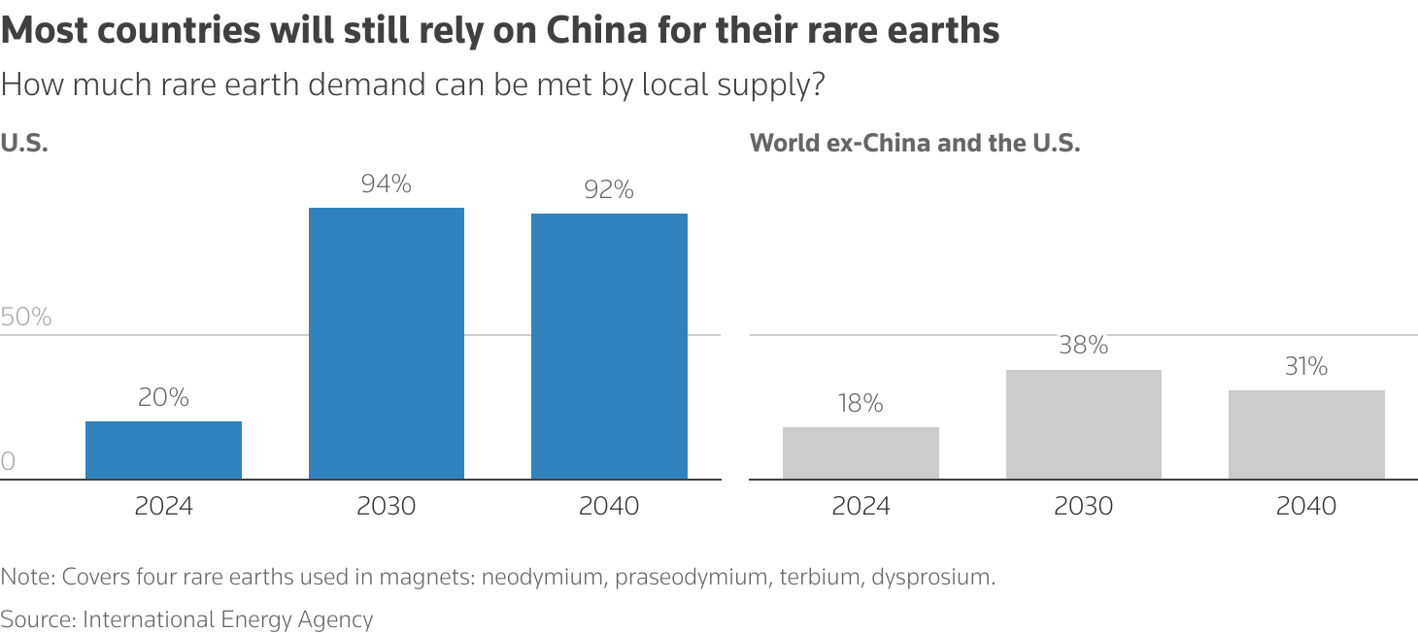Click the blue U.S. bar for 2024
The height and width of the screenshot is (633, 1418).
click(x=163, y=450)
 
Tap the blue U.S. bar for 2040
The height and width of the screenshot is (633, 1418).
click(x=609, y=346)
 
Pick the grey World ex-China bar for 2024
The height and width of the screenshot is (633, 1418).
click(x=861, y=452)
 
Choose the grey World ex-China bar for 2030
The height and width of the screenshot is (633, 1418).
click(x=1083, y=424)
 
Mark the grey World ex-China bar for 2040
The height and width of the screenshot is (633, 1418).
click(x=1306, y=434)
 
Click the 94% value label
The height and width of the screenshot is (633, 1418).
click(x=387, y=183)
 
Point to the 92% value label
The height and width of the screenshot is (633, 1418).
click(x=609, y=190)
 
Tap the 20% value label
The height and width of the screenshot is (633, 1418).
click(x=163, y=397)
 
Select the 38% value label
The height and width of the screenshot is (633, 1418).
click(x=1083, y=346)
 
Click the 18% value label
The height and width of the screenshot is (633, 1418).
click(x=861, y=404)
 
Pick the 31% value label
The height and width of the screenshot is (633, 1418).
click(x=1306, y=366)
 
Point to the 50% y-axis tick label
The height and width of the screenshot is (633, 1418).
click(x=26, y=317)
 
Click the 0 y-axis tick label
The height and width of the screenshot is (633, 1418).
click(x=9, y=462)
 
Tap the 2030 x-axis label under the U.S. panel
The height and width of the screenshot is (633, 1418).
click(x=387, y=506)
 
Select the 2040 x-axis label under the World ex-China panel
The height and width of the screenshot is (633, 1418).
click(x=1306, y=506)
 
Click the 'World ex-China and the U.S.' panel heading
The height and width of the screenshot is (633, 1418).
click(x=915, y=144)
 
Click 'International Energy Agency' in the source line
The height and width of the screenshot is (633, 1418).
click(x=227, y=619)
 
